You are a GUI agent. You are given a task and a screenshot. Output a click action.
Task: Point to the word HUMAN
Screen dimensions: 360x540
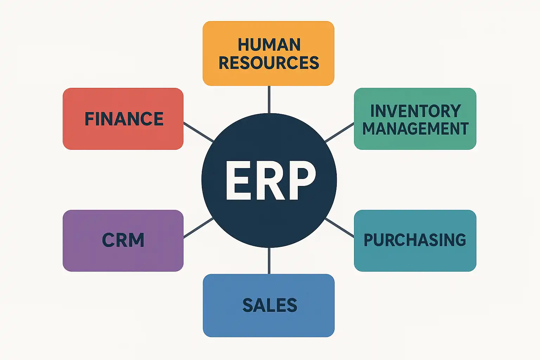[x=269, y=45]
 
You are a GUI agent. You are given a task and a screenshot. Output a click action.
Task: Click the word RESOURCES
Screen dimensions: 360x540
[x=269, y=63]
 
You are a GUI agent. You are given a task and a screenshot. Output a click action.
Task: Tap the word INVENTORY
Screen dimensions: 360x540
[x=415, y=111]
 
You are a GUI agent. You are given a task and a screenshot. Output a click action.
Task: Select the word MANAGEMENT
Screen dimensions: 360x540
[x=415, y=129]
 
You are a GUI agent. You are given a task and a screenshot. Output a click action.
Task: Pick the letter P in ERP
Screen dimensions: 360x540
[x=302, y=181]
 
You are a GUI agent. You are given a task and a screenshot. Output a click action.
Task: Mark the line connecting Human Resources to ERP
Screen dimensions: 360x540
[x=269, y=99]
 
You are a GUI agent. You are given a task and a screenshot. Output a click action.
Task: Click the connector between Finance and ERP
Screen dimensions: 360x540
[x=199, y=132]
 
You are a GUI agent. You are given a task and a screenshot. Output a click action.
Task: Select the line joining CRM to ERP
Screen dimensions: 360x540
[x=199, y=228]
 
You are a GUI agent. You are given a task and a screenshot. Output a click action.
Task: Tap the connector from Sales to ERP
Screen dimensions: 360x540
[x=269, y=261]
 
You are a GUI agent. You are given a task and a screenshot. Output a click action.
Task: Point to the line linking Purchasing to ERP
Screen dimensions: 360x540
[x=340, y=227]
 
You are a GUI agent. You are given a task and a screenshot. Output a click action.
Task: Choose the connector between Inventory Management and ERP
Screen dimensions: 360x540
[x=340, y=132]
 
